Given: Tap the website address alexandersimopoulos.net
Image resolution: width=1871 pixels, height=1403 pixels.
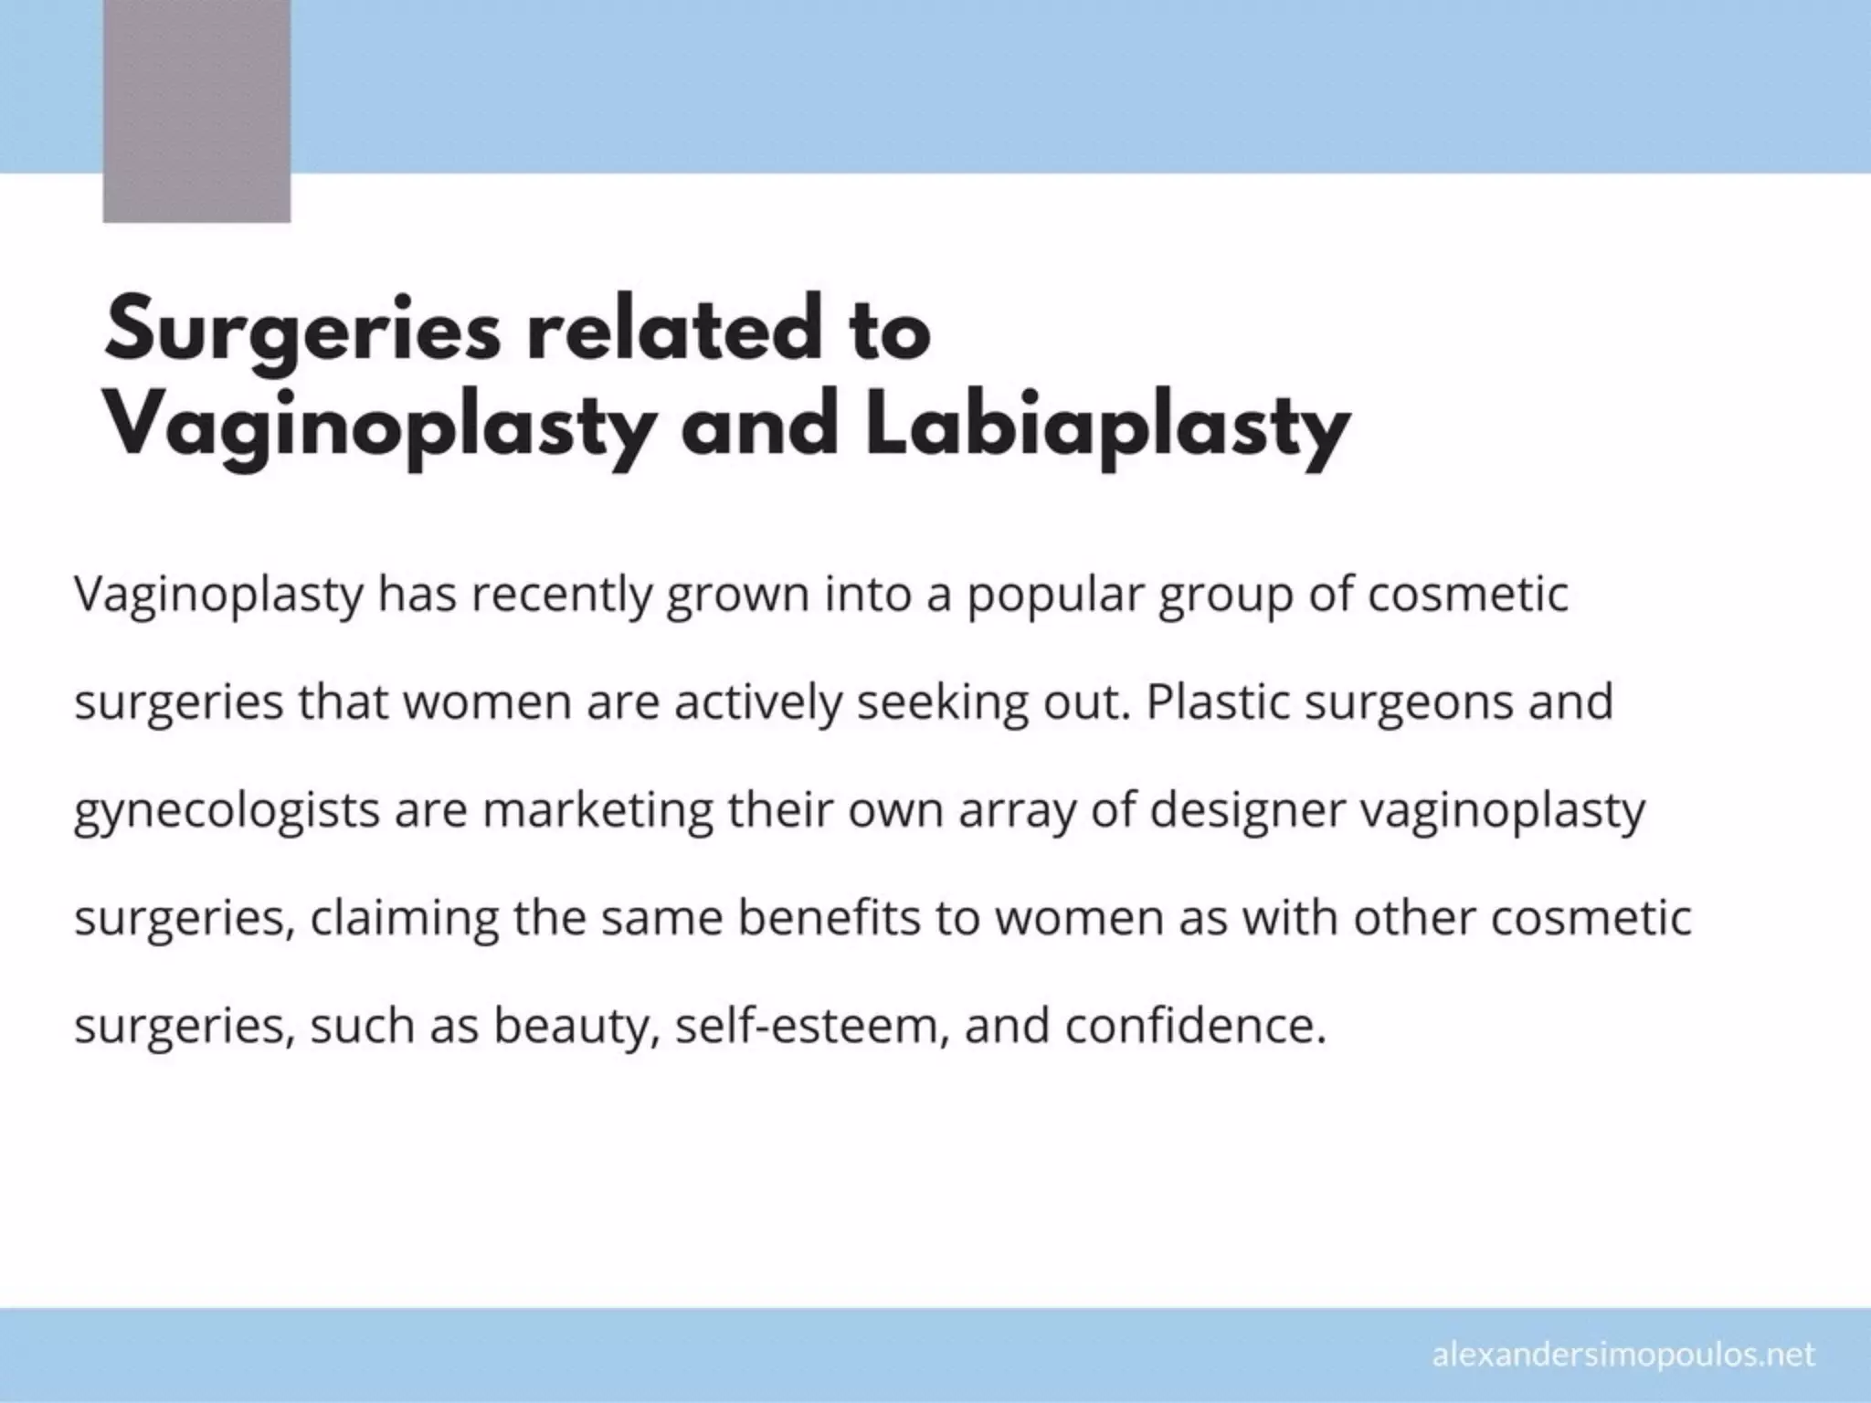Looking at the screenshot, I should coord(1623,1355).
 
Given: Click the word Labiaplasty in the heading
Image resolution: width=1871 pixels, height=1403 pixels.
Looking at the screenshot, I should coord(1106,427).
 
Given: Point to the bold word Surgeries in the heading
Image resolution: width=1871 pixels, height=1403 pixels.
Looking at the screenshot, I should coord(303,332).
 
